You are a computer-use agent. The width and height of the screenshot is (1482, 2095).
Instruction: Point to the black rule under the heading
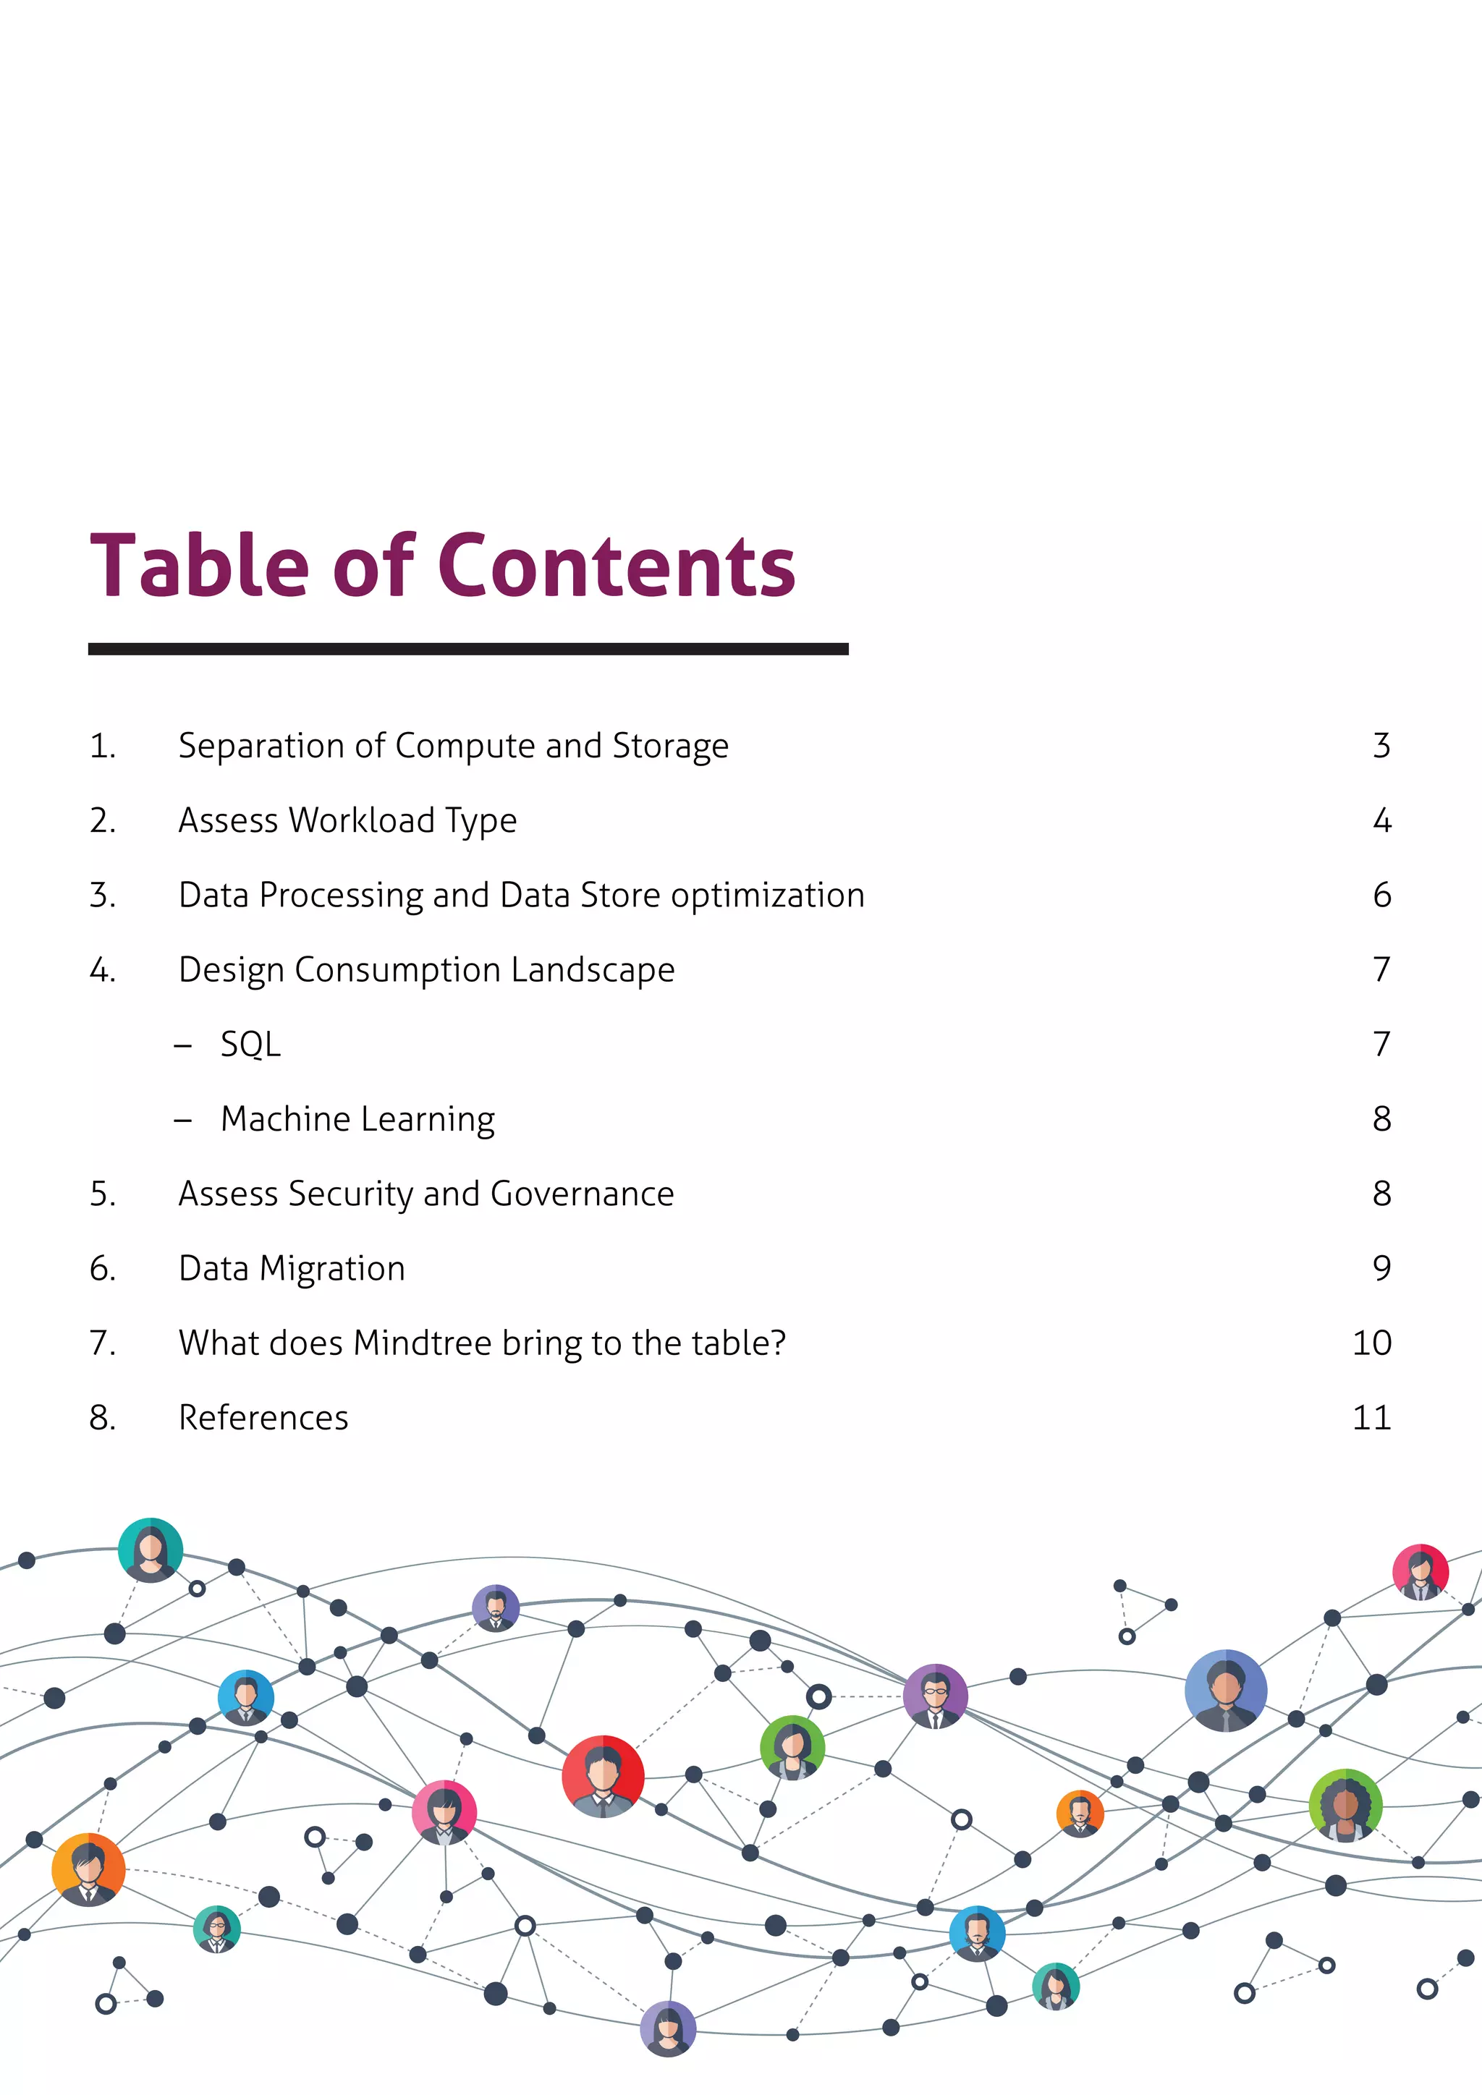468,649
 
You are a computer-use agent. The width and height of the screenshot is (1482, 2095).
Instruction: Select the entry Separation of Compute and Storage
454,746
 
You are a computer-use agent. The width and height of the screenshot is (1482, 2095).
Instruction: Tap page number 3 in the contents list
1381,746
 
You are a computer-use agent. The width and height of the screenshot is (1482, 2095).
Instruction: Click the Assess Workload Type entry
347,820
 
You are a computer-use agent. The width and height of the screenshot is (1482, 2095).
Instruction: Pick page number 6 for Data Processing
1381,895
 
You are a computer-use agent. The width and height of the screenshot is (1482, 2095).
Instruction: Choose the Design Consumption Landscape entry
426,969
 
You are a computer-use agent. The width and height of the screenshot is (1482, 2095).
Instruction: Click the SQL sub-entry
250,1044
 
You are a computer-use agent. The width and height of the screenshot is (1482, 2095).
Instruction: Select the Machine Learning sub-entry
357,1118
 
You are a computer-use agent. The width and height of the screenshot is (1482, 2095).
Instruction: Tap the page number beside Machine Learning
1381,1118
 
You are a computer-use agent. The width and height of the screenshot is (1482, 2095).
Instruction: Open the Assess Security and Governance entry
426,1194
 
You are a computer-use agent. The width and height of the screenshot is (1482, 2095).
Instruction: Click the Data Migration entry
292,1268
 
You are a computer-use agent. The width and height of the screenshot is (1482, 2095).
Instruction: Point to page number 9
1381,1268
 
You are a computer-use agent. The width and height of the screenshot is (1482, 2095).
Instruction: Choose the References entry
263,1417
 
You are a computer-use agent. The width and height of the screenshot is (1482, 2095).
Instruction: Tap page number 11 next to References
1371,1417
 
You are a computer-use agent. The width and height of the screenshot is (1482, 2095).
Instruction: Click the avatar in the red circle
602,1776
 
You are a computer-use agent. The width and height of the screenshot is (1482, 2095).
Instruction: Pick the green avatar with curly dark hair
1345,1804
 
